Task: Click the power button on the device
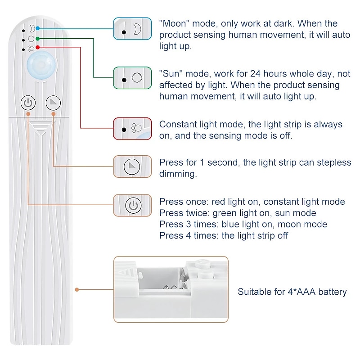[28, 103]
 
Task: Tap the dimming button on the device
[54, 103]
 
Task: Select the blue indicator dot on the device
[38, 28]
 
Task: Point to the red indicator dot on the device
[38, 47]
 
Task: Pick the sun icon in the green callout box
[136, 79]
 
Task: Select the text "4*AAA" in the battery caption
[300, 292]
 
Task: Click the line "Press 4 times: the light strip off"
[224, 235]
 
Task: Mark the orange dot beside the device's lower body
[77, 289]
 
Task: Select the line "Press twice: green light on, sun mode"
[238, 213]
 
